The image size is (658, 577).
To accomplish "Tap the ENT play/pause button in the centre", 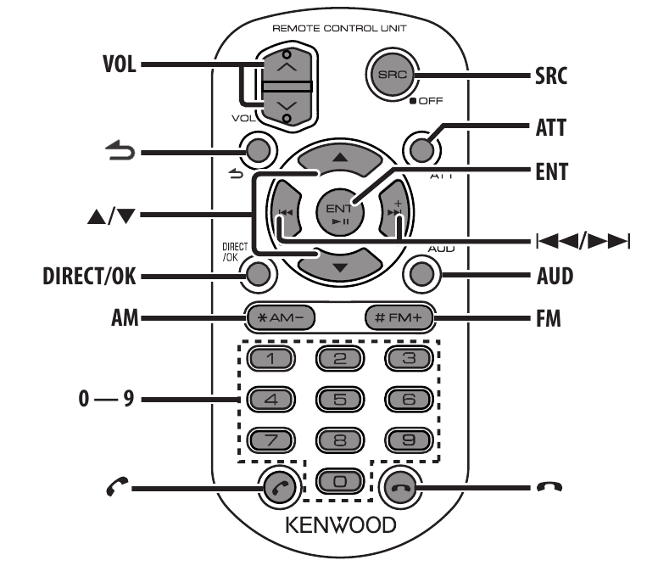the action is tap(339, 212).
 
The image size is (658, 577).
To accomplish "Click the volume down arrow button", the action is tap(287, 107).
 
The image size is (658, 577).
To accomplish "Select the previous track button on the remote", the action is tap(286, 212).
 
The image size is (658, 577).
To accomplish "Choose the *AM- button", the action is tap(281, 317).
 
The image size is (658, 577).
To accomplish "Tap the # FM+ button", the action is tap(399, 317).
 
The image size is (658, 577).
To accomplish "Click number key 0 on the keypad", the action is tap(339, 481).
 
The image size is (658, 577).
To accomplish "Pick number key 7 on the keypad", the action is tap(271, 440).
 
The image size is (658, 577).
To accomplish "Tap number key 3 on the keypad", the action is tap(409, 359).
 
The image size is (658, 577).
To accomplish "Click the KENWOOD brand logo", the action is tap(340, 525).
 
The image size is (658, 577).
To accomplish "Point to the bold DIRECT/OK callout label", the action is tap(89, 277).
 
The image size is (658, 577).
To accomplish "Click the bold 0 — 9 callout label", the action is tap(106, 398).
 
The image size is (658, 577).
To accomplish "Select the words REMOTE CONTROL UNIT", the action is tap(339, 29).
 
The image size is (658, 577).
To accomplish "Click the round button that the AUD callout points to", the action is tap(421, 275).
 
